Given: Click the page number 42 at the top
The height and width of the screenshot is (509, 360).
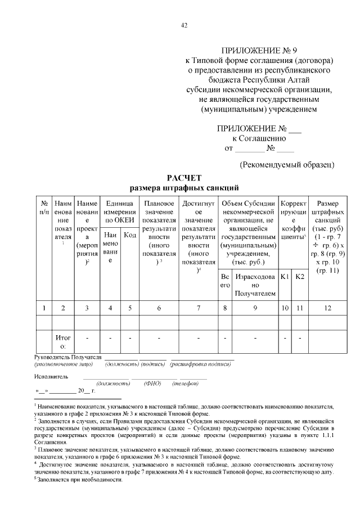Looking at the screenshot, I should [183, 25].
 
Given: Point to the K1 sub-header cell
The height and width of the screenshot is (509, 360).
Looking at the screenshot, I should [285, 277].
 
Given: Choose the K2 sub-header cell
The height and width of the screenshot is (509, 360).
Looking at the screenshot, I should [300, 277].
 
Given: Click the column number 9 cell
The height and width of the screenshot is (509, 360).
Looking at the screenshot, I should [255, 308].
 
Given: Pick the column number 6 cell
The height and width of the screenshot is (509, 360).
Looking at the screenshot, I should [160, 308].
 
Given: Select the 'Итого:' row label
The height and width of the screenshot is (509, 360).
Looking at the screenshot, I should [63, 341].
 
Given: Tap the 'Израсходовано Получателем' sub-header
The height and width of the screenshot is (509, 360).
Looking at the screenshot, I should [255, 285].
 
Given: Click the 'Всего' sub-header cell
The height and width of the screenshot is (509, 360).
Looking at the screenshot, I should [225, 281].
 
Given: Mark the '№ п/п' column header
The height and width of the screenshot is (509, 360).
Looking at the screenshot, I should [44, 207].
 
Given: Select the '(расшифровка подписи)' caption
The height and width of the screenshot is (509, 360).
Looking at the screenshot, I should [201, 364].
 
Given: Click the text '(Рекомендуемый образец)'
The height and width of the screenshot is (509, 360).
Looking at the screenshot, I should [287, 165].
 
